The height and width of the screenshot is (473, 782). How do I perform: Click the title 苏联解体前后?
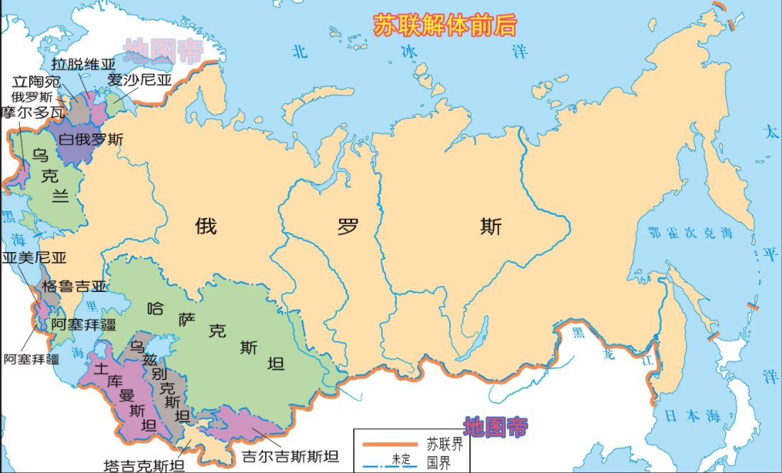(445, 24)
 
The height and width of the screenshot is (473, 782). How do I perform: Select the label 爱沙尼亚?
(140, 80)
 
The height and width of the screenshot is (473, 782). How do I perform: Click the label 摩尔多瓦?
(33, 112)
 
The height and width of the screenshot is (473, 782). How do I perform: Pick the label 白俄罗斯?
(90, 139)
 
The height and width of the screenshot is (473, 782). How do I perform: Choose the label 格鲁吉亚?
(74, 287)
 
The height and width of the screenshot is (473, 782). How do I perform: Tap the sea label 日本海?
(688, 417)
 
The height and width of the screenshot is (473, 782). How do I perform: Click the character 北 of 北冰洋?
(301, 51)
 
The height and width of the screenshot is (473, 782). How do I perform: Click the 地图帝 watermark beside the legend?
(496, 427)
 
